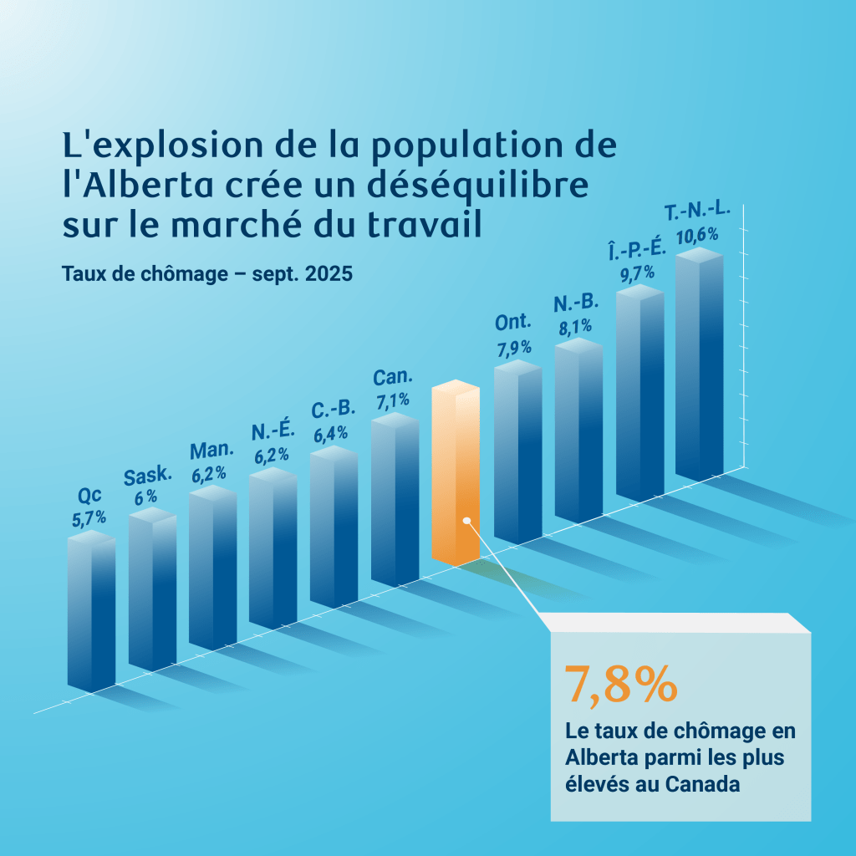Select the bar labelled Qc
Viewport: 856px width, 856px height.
pyautogui.click(x=91, y=610)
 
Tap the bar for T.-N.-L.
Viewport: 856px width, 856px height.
pyautogui.click(x=699, y=368)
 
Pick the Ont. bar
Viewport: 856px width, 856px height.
pyautogui.click(x=517, y=451)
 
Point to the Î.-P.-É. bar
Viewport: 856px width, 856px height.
pyautogui.click(x=639, y=393)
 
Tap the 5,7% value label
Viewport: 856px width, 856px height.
pyautogui.click(x=89, y=517)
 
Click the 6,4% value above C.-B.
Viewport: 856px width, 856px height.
pyautogui.click(x=331, y=435)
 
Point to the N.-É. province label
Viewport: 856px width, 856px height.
pyautogui.click(x=273, y=432)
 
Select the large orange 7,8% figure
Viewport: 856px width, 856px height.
pyautogui.click(x=620, y=684)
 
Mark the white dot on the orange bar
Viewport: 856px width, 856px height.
pyautogui.click(x=466, y=520)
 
